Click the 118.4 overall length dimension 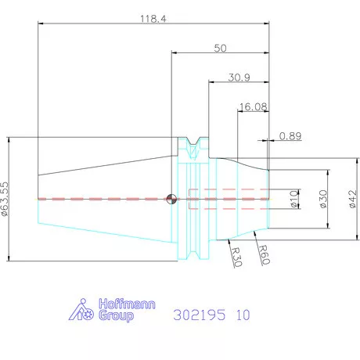pyautogui.click(x=153, y=19)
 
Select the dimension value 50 pyautogui.click(x=220, y=49)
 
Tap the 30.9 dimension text pyautogui.click(x=239, y=77)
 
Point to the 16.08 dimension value pyautogui.click(x=253, y=106)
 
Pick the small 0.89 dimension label pyautogui.click(x=290, y=136)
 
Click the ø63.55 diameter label pyautogui.click(x=5, y=199)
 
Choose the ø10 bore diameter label pyautogui.click(x=294, y=199)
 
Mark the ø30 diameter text pyautogui.click(x=323, y=199)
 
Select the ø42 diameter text pyautogui.click(x=352, y=199)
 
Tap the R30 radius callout pyautogui.click(x=236, y=257)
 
